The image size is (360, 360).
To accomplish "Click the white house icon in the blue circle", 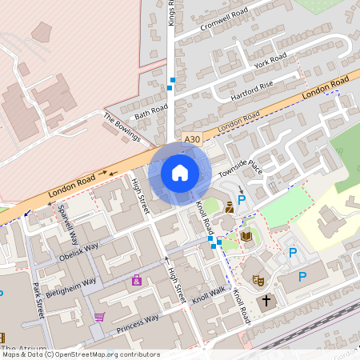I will click(180, 172).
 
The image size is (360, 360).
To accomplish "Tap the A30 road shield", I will click(191, 139).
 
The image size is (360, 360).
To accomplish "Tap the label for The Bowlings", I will click(122, 126).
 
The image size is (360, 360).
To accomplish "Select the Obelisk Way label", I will click(78, 252).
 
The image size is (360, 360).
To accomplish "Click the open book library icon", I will click(246, 236).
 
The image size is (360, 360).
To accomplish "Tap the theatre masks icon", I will click(258, 280).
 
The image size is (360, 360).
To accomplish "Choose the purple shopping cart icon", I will click(99, 317).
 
